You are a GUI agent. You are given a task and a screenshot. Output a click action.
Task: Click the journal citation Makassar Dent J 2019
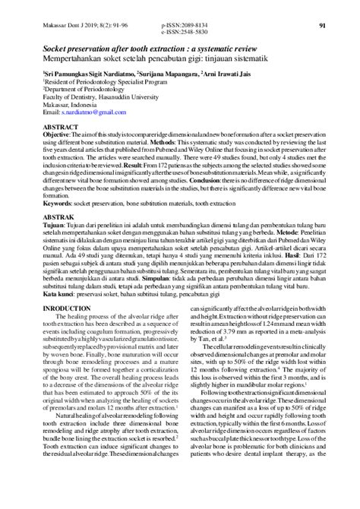[72, 25]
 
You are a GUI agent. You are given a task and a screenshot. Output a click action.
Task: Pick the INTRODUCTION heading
[64, 308]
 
